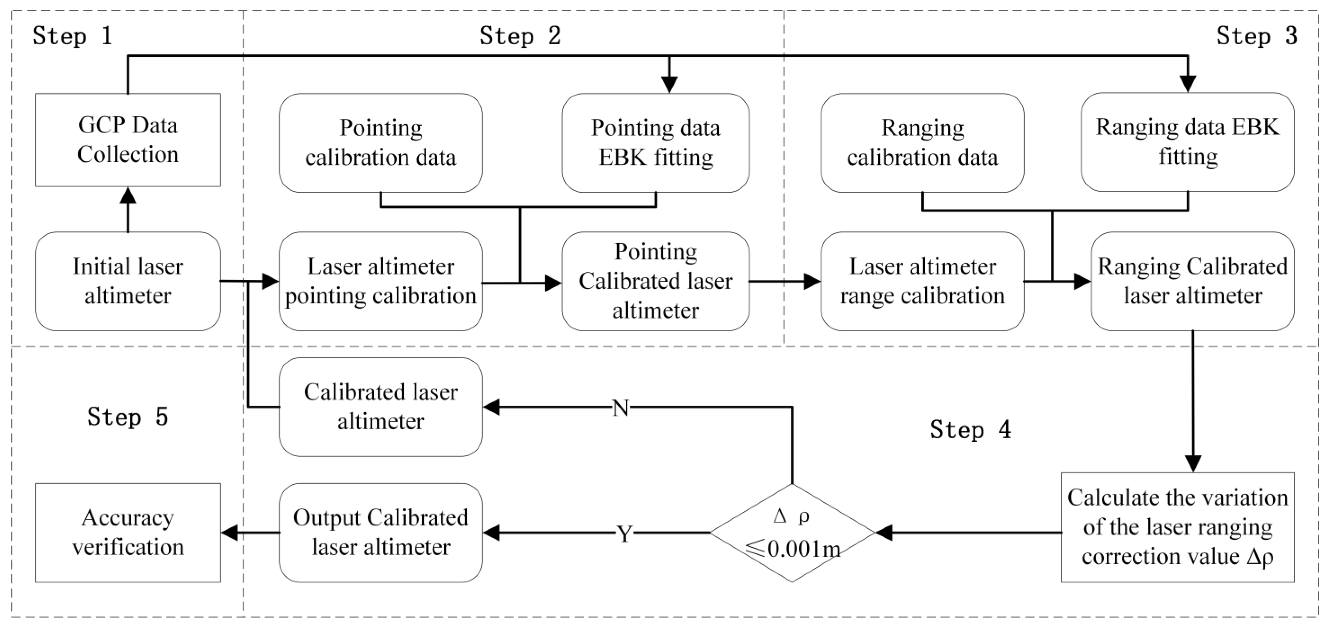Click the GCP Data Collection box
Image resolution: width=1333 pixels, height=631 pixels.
[128, 140]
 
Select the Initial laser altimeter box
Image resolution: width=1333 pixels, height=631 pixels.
[128, 281]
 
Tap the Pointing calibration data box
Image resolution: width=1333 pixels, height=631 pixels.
[380, 143]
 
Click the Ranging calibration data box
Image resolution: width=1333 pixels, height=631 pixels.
[922, 143]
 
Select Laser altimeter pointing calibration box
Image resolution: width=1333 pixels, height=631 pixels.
[380, 281]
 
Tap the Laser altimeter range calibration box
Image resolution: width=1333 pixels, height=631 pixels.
[922, 281]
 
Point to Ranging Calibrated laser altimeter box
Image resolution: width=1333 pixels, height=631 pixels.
[1192, 281]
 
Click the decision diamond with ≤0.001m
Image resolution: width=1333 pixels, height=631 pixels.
[792, 533]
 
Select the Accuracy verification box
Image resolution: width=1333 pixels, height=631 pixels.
[128, 533]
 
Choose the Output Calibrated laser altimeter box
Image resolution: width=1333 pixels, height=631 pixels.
[380, 533]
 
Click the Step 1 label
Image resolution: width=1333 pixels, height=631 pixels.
[73, 36]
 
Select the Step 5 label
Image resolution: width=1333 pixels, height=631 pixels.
[128, 417]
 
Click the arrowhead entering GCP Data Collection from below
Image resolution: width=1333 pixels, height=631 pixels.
[128, 196]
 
